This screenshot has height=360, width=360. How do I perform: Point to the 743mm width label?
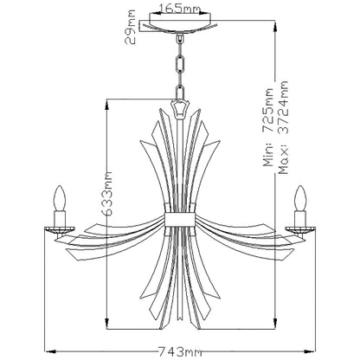(x=181, y=351)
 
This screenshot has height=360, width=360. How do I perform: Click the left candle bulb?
(x=61, y=200)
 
